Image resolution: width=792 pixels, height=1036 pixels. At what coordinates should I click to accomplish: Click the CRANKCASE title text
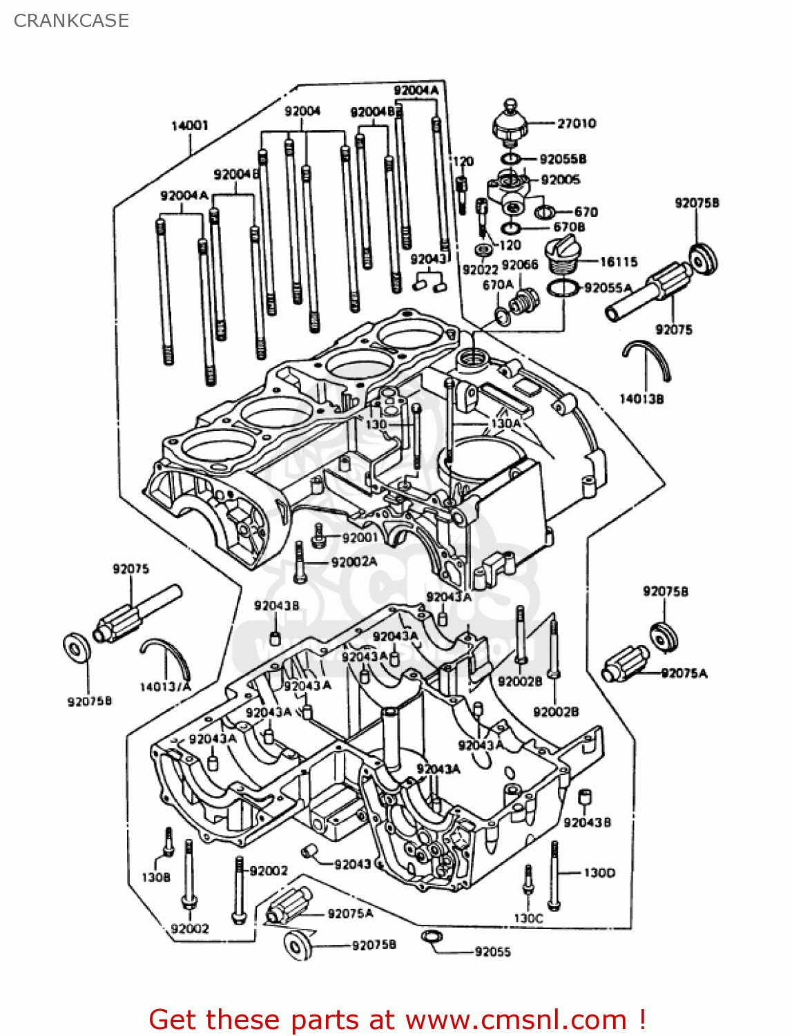71,21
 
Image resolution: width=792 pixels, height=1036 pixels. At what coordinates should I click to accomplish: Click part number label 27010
577,124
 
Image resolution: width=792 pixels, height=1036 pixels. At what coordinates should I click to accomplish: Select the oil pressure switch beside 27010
510,124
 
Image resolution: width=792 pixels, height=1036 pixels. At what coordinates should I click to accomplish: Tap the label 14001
190,126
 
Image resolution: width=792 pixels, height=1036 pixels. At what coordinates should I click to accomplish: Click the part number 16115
619,262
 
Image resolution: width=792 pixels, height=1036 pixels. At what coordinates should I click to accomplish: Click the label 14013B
641,399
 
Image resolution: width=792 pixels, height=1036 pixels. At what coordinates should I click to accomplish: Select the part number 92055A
608,288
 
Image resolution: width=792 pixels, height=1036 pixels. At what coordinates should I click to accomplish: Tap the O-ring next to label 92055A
562,287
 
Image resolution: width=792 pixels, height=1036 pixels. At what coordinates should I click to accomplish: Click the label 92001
360,537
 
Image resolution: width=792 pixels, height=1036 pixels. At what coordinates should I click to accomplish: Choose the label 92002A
354,562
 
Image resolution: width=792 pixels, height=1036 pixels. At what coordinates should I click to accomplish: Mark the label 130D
599,873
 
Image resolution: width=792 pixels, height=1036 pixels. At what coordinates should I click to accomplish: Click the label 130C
528,918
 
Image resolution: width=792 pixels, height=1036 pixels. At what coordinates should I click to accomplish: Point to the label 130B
156,877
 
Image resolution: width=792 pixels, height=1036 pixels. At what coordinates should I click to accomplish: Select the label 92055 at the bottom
492,952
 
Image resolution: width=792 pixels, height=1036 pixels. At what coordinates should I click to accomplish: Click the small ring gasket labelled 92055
430,937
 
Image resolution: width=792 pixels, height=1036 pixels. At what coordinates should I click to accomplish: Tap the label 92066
519,265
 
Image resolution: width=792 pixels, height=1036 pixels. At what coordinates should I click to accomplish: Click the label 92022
480,269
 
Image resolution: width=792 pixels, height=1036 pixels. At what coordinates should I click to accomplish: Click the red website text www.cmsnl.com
515,1019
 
